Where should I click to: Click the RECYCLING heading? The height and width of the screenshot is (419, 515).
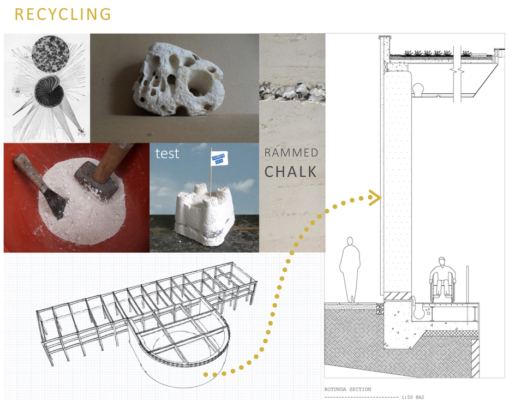(x=62, y=14)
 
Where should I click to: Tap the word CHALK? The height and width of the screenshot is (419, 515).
(x=290, y=171)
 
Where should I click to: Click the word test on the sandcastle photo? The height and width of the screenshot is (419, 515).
(x=167, y=154)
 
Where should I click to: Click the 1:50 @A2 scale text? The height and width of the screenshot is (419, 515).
(x=413, y=397)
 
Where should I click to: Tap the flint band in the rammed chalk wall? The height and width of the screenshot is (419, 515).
(x=291, y=91)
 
